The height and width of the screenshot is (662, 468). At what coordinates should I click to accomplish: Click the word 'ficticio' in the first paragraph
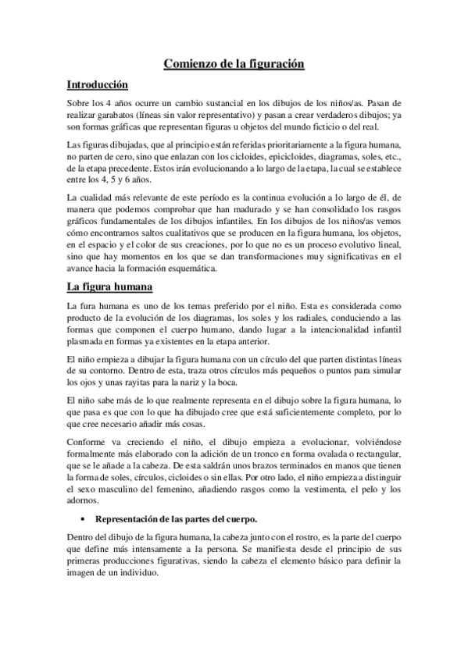click(x=320, y=128)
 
